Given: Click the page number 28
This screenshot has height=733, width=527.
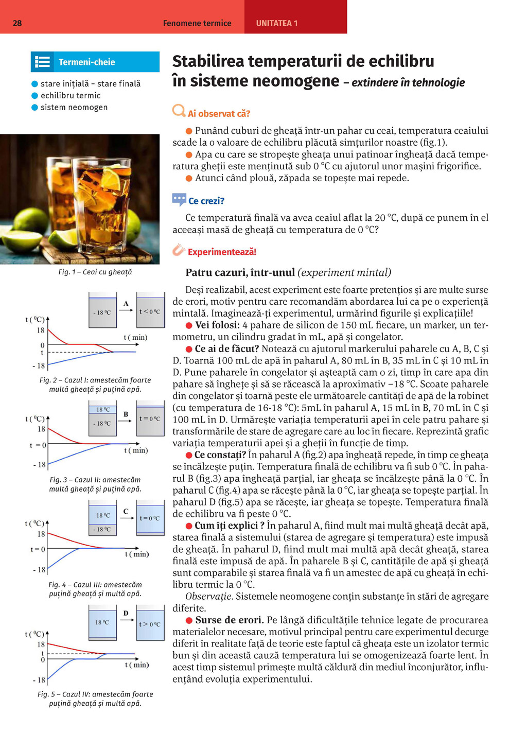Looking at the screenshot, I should click(17, 23).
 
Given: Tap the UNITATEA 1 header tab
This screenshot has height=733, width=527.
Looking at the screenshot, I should click(277, 23).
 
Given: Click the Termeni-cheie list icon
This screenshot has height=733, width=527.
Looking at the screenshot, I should click(42, 62).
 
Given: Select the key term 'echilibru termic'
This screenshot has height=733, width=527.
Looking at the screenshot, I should click(71, 96).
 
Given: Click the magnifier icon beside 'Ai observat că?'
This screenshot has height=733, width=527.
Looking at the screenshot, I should click(179, 111).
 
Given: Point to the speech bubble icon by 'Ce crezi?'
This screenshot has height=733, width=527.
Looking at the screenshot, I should click(179, 200).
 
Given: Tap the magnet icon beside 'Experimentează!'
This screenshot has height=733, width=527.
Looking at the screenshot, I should click(179, 250).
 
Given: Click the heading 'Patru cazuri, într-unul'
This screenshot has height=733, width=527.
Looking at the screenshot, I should click(240, 272).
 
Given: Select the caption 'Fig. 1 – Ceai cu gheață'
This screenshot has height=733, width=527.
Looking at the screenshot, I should click(95, 272).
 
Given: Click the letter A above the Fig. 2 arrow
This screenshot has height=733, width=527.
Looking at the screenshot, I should click(126, 304).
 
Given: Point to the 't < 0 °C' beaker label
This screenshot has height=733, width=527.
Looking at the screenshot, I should click(150, 311).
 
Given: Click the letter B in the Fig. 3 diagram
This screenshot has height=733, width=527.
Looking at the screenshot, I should click(126, 414).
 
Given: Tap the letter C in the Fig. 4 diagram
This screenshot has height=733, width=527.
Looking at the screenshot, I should click(126, 511).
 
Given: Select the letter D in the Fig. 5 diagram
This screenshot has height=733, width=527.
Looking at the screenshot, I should click(126, 613).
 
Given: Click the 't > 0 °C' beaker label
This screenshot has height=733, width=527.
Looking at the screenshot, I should click(150, 624).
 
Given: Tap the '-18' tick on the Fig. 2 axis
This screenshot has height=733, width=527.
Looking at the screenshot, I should click(39, 366).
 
